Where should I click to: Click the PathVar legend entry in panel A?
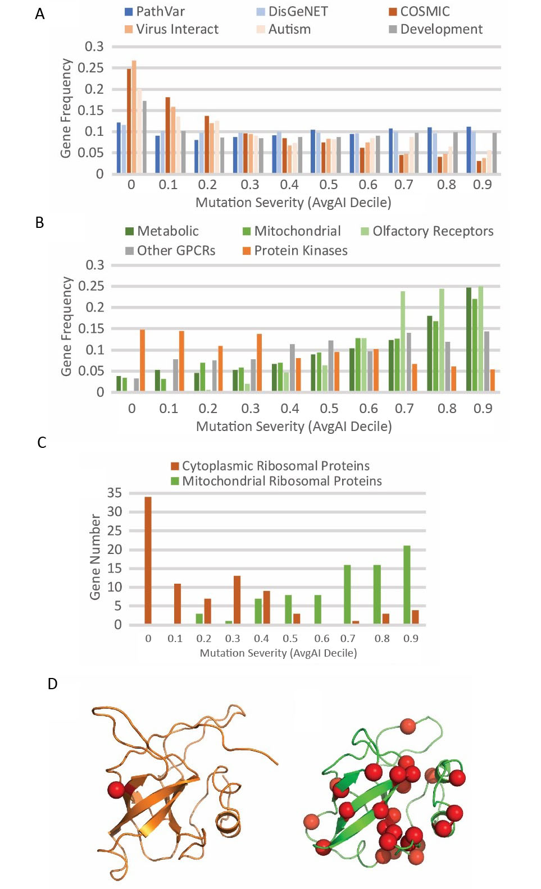point(154,12)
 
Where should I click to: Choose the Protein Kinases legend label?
point(295,251)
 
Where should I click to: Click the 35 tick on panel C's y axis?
point(115,493)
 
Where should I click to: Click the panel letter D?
point(52,684)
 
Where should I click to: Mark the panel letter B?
point(39,223)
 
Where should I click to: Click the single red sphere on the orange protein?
point(116,790)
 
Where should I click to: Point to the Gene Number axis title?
point(96,557)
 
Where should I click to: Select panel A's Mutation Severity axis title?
point(293,203)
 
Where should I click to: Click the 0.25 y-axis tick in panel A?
point(90,68)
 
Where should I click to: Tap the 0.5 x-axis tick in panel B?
point(329,409)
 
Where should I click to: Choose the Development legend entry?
point(435,29)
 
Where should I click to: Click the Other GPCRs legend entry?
point(170,251)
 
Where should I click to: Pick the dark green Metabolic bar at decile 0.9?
point(469,339)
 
